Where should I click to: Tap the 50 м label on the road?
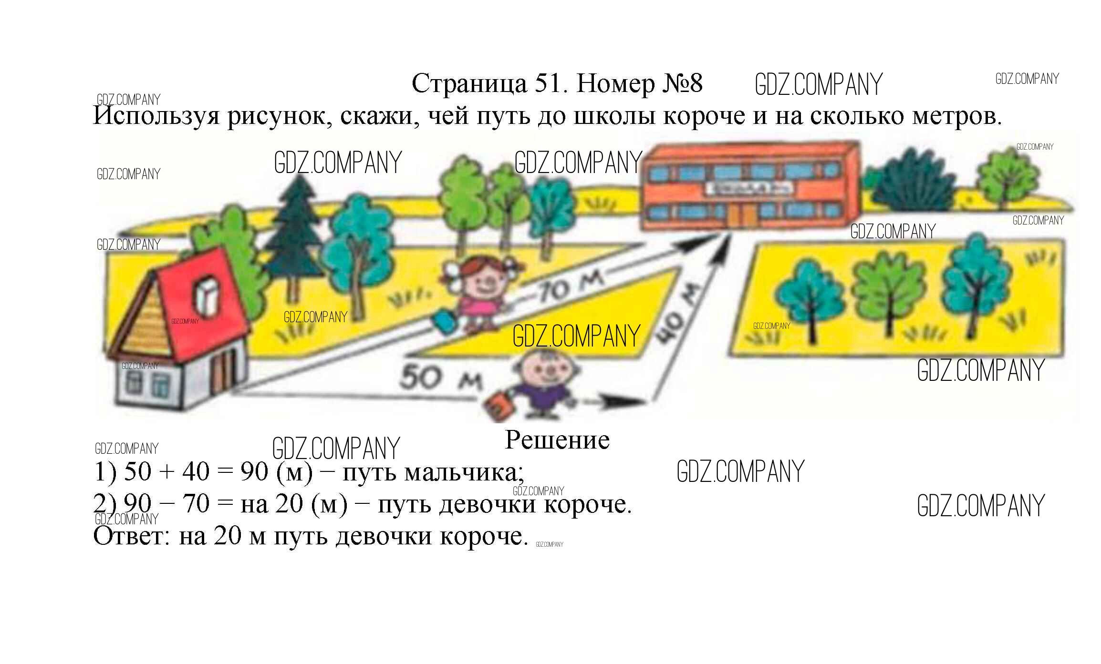click(x=440, y=378)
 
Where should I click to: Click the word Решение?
click(x=557, y=439)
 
